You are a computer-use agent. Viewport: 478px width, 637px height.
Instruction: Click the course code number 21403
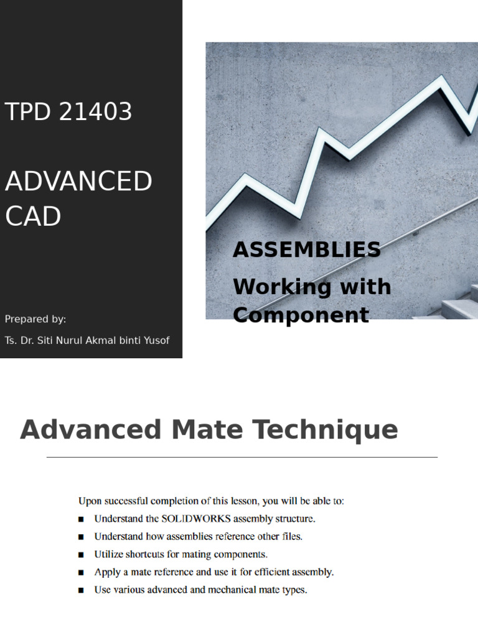[x=95, y=112]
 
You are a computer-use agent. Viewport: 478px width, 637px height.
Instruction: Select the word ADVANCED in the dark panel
[x=78, y=182]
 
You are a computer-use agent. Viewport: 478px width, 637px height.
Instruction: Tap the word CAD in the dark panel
[x=33, y=216]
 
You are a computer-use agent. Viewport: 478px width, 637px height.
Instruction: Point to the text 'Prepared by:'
[x=35, y=319]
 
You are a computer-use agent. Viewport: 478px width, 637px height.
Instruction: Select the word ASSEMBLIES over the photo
[x=306, y=249]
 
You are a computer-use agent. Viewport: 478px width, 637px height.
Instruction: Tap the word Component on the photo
[x=301, y=315]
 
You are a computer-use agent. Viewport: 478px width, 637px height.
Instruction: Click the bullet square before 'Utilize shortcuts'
[x=81, y=554]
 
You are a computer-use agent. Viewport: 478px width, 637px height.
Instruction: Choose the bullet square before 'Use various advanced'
[x=81, y=590]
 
